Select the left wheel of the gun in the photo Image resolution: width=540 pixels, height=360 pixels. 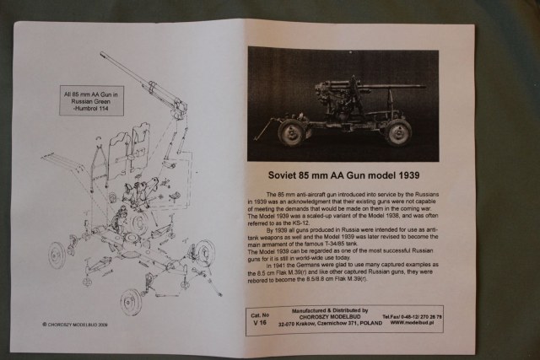291,132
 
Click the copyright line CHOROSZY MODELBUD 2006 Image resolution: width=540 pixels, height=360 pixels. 75,322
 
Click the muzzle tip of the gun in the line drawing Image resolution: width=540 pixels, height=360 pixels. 102,54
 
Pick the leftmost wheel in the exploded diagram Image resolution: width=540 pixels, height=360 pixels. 56,255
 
